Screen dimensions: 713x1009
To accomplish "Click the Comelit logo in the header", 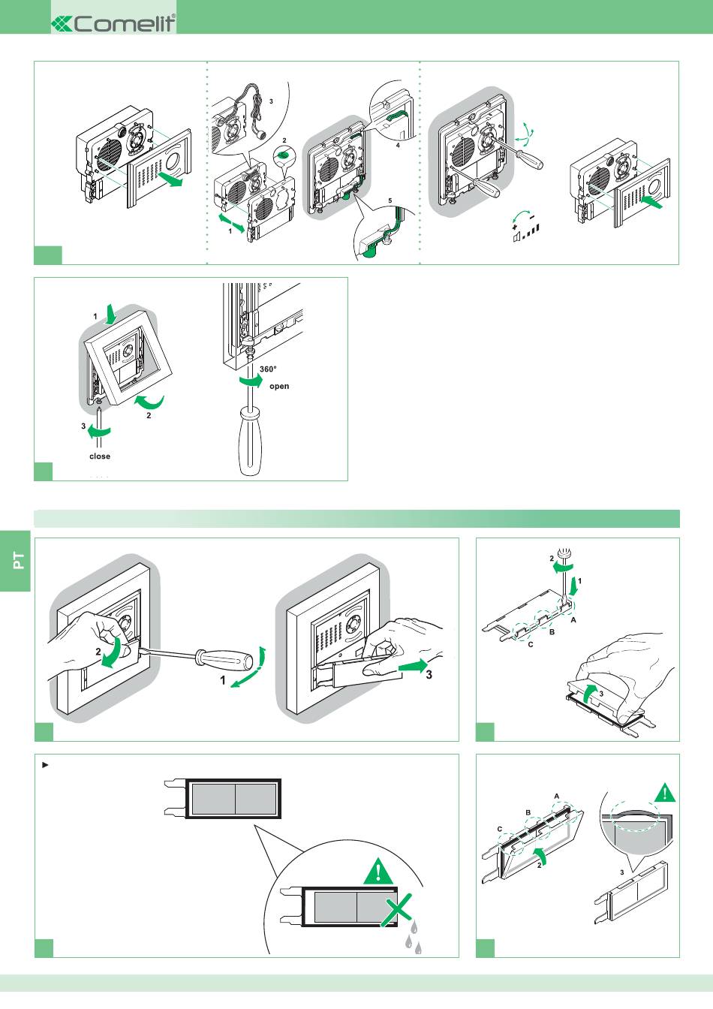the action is tap(113, 23).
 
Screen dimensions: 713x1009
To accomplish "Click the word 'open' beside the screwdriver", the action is tap(279, 386).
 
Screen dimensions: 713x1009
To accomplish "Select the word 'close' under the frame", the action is tap(100, 456).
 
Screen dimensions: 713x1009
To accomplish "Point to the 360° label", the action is tap(268, 369).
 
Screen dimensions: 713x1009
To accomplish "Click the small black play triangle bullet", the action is tap(44, 765).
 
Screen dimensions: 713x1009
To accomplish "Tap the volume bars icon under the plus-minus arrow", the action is tap(526, 233).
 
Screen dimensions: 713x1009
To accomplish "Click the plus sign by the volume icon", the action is tap(515, 227).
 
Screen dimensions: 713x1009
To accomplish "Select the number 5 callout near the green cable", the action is tap(390, 200).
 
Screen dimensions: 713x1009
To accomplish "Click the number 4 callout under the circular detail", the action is tap(398, 146).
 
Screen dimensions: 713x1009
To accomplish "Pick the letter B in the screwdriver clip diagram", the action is tap(552, 631).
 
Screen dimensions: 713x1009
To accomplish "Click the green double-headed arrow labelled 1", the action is tap(232, 223).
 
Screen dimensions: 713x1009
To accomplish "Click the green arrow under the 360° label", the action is tap(251, 381).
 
